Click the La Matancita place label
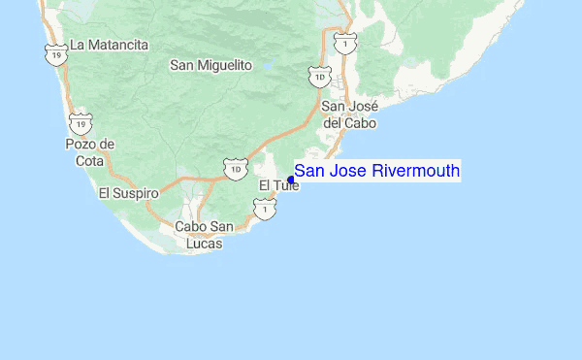click(110, 45)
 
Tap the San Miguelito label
click(210, 65)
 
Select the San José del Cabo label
click(348, 115)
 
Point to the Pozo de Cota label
click(89, 152)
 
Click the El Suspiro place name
click(128, 193)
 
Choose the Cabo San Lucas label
click(205, 235)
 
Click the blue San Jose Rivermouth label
click(377, 172)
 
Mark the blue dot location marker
click(291, 180)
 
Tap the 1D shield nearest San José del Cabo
click(318, 77)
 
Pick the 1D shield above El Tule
click(235, 169)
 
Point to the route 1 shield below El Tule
click(260, 207)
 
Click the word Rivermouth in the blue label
click(416, 172)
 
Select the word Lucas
click(205, 244)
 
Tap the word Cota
click(89, 161)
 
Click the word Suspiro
click(136, 193)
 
